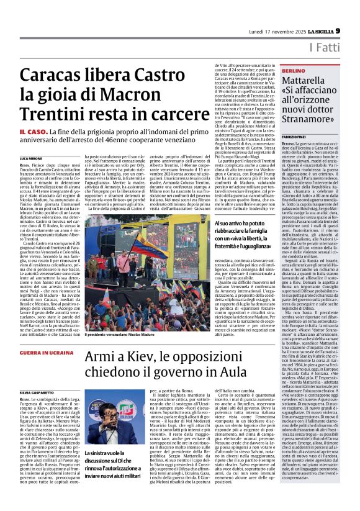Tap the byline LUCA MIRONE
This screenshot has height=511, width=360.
click(x=33, y=159)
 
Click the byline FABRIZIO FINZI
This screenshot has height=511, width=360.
click(x=298, y=135)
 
